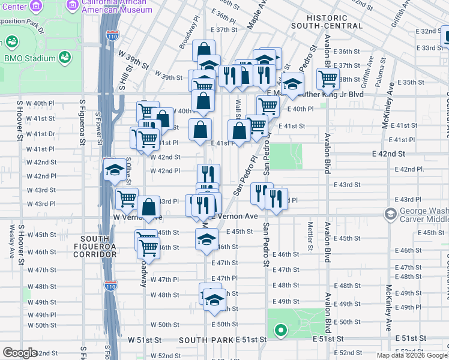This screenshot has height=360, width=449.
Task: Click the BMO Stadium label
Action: (29, 58)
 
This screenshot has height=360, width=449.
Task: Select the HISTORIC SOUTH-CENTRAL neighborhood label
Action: (327, 22)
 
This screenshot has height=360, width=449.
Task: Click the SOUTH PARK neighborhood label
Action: (206, 340)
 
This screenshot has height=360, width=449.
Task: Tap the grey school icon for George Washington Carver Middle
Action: (391, 214)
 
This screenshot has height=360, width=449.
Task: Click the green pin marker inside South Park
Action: (279, 329)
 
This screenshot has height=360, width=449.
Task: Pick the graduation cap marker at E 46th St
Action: (206, 239)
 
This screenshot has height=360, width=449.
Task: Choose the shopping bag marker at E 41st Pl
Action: (239, 131)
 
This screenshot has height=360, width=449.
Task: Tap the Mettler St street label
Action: (310, 236)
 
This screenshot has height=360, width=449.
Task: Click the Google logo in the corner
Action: (20, 353)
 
